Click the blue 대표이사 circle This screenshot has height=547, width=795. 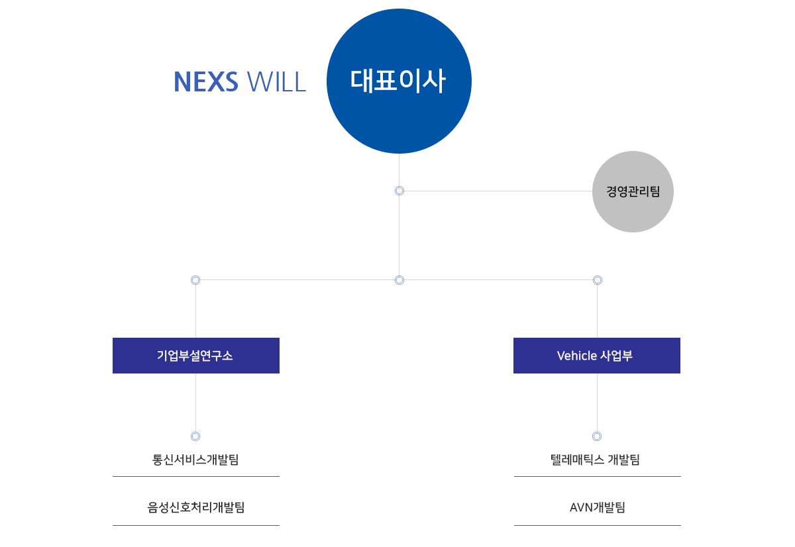click(x=399, y=81)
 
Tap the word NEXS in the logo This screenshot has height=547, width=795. click(x=206, y=81)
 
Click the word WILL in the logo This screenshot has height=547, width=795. click(x=276, y=81)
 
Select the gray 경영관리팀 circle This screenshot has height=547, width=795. click(x=633, y=191)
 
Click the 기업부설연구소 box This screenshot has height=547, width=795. click(x=196, y=356)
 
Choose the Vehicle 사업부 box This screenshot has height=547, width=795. click(x=597, y=356)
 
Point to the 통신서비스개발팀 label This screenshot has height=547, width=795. click(x=195, y=460)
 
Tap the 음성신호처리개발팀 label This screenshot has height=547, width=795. click(x=196, y=507)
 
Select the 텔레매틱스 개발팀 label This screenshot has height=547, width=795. click(x=595, y=460)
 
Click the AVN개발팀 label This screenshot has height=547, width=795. click(x=598, y=507)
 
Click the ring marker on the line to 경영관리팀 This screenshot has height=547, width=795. click(x=399, y=191)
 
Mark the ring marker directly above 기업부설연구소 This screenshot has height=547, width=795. click(x=195, y=280)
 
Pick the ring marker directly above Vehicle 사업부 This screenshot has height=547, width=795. click(x=598, y=280)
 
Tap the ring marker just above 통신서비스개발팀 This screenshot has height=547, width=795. click(x=195, y=436)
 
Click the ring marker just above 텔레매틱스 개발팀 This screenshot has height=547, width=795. click(x=597, y=436)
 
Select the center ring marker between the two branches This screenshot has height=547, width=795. click(x=399, y=280)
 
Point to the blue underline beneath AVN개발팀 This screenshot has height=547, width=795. click(x=598, y=525)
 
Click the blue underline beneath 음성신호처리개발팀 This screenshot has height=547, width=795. click(x=196, y=525)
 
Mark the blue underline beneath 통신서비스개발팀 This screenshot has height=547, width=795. click(x=196, y=476)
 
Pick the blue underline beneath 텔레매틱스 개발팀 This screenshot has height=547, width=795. click(x=598, y=476)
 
